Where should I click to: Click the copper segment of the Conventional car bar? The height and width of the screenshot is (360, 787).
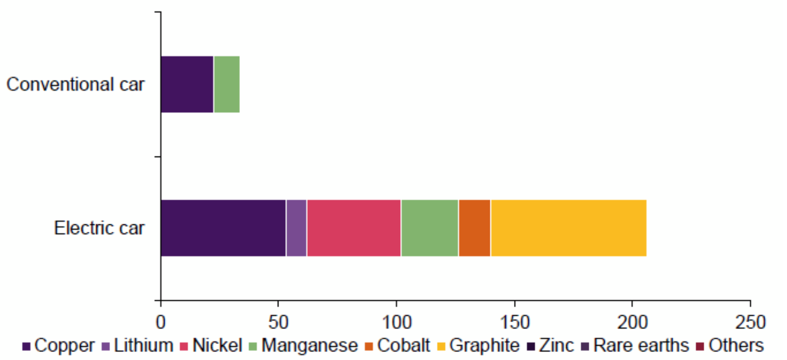(187, 84)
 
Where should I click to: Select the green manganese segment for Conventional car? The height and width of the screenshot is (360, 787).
(227, 84)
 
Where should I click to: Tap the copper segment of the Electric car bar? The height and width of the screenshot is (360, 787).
(223, 228)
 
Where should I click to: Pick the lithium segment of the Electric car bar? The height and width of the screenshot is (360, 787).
(297, 228)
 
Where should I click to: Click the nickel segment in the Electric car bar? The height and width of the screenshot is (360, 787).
(354, 228)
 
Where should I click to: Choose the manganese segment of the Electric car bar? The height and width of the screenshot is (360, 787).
(430, 228)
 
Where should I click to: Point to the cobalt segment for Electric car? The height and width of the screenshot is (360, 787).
(474, 228)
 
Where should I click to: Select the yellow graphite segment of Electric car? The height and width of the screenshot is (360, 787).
(569, 228)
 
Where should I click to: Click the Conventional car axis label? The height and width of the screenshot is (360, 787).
(75, 84)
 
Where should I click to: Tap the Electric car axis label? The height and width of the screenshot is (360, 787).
(99, 228)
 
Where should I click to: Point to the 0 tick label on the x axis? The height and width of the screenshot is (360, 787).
(161, 322)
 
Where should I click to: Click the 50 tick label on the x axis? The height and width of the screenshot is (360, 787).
(278, 322)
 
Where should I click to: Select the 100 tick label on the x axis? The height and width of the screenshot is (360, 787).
(396, 322)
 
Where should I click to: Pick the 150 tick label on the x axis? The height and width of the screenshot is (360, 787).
(515, 322)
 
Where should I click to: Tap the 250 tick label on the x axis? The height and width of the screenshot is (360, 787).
(751, 322)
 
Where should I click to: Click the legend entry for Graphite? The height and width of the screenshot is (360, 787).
(478, 345)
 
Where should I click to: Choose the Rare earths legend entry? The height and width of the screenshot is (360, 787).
(635, 345)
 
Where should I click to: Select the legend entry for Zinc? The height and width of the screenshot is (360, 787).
(550, 345)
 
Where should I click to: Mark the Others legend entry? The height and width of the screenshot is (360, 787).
(730, 345)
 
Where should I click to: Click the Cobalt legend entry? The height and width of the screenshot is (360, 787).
(398, 345)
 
